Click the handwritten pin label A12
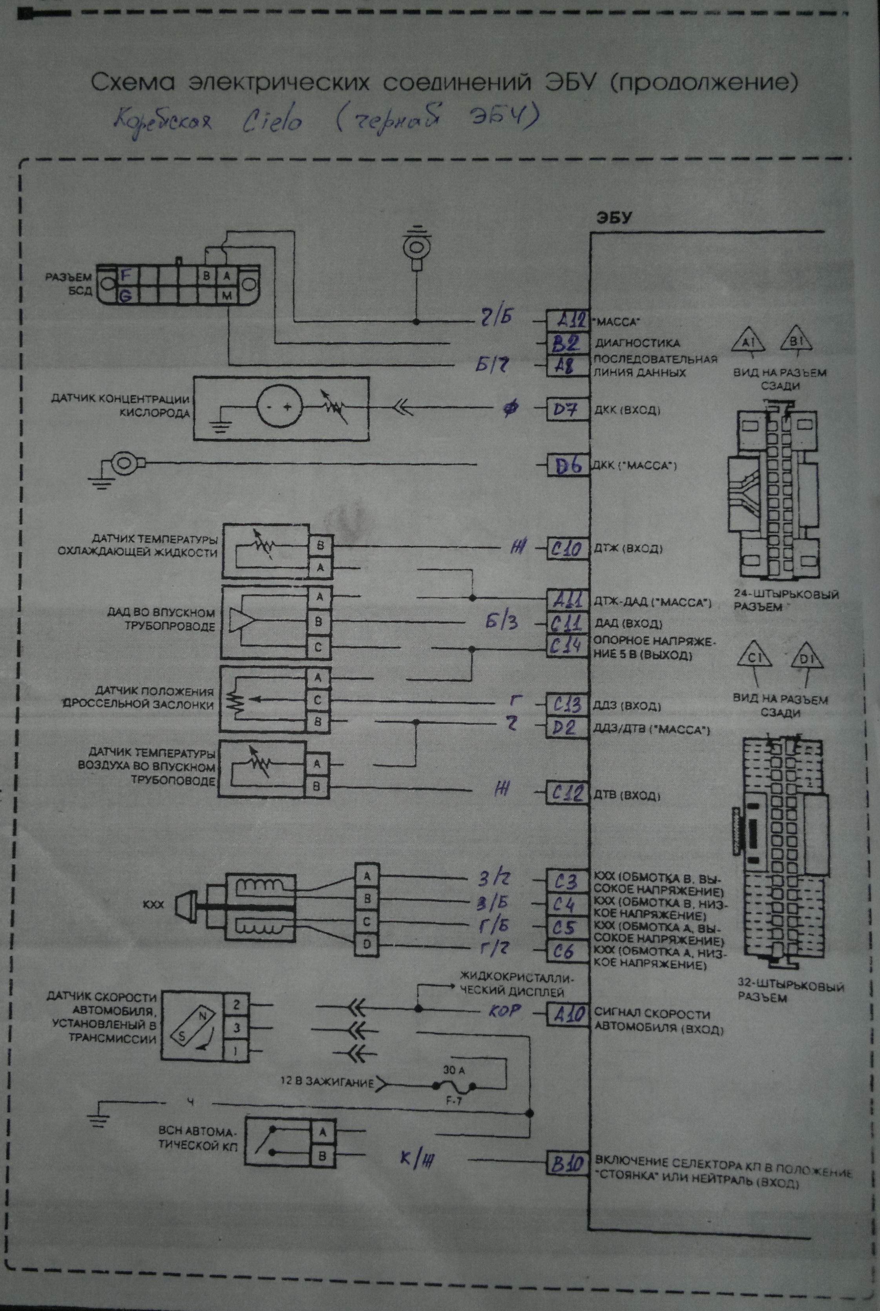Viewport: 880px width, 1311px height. [568, 321]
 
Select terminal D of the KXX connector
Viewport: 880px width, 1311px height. [367, 945]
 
